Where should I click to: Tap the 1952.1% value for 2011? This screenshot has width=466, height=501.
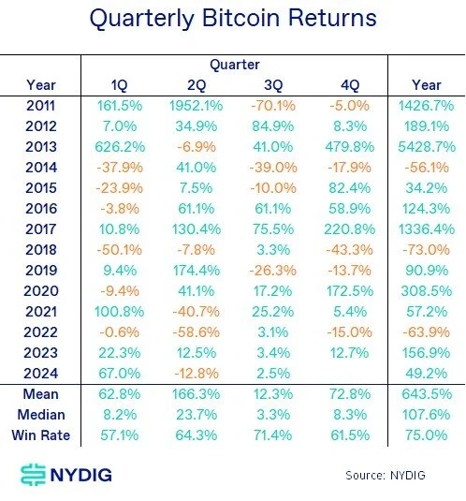(x=197, y=106)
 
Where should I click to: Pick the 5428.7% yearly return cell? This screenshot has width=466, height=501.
(x=426, y=146)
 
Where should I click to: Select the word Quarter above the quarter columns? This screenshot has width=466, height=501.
(x=234, y=66)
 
